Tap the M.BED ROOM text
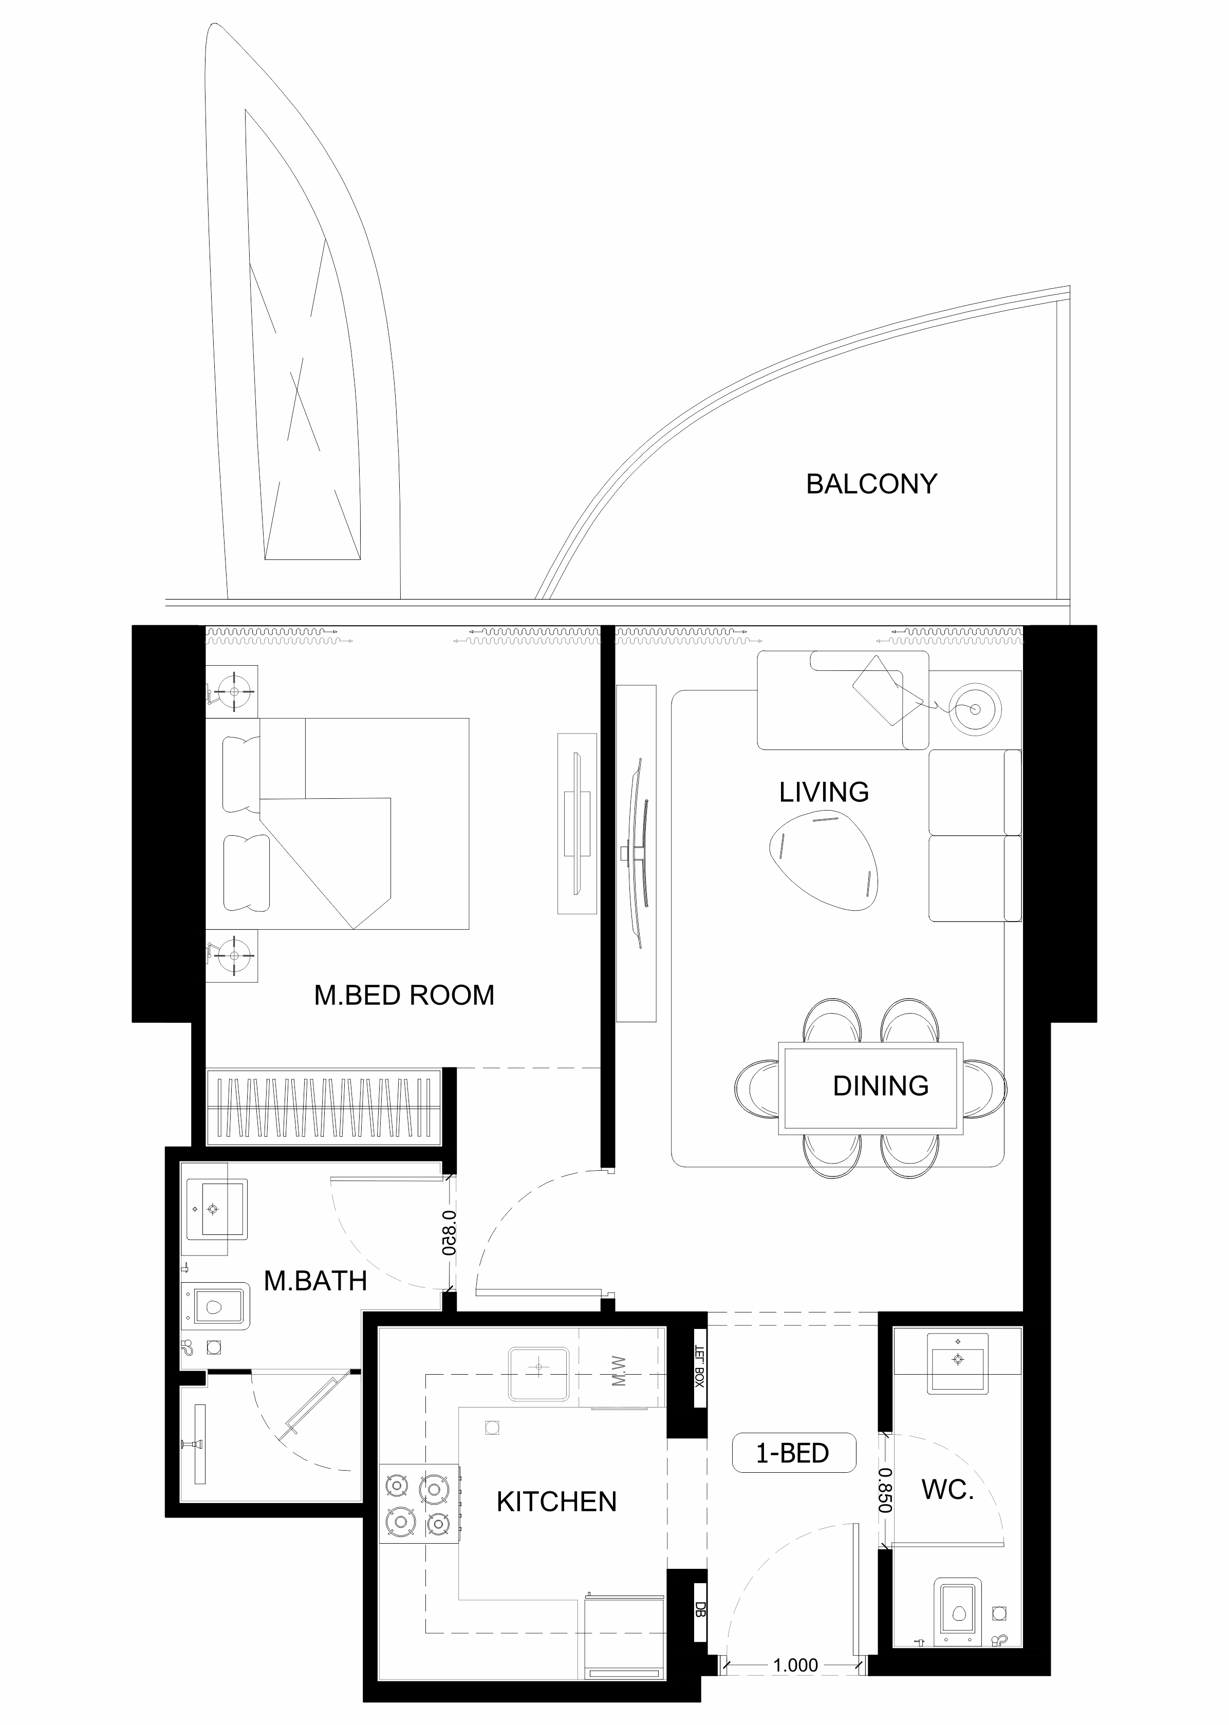pyautogui.click(x=404, y=995)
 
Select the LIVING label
pyautogui.click(x=824, y=792)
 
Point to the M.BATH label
pyautogui.click(x=315, y=1281)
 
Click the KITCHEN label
pyautogui.click(x=556, y=1502)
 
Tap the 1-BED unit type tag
pyautogui.click(x=793, y=1453)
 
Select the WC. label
pyautogui.click(x=947, y=1490)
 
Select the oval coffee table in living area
pyautogui.click(x=825, y=859)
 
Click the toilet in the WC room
pyautogui.click(x=958, y=1635)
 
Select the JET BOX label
pyautogui.click(x=700, y=1365)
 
